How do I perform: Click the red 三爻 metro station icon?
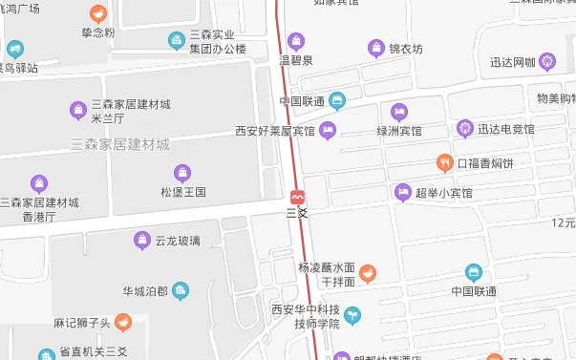point(298,196)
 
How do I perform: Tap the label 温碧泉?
point(295,60)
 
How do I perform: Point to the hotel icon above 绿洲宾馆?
point(398,111)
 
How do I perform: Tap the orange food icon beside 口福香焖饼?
point(444,163)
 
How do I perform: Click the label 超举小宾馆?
point(443,193)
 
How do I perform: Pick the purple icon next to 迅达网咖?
point(546,63)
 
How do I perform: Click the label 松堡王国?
point(182,192)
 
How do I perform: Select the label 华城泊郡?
point(144,290)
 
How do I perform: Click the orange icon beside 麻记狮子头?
point(122,323)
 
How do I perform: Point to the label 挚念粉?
point(97,32)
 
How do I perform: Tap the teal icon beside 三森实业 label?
point(176,40)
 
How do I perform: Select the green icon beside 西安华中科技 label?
point(352,314)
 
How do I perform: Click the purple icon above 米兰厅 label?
point(78,110)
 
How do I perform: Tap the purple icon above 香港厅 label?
point(39,182)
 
